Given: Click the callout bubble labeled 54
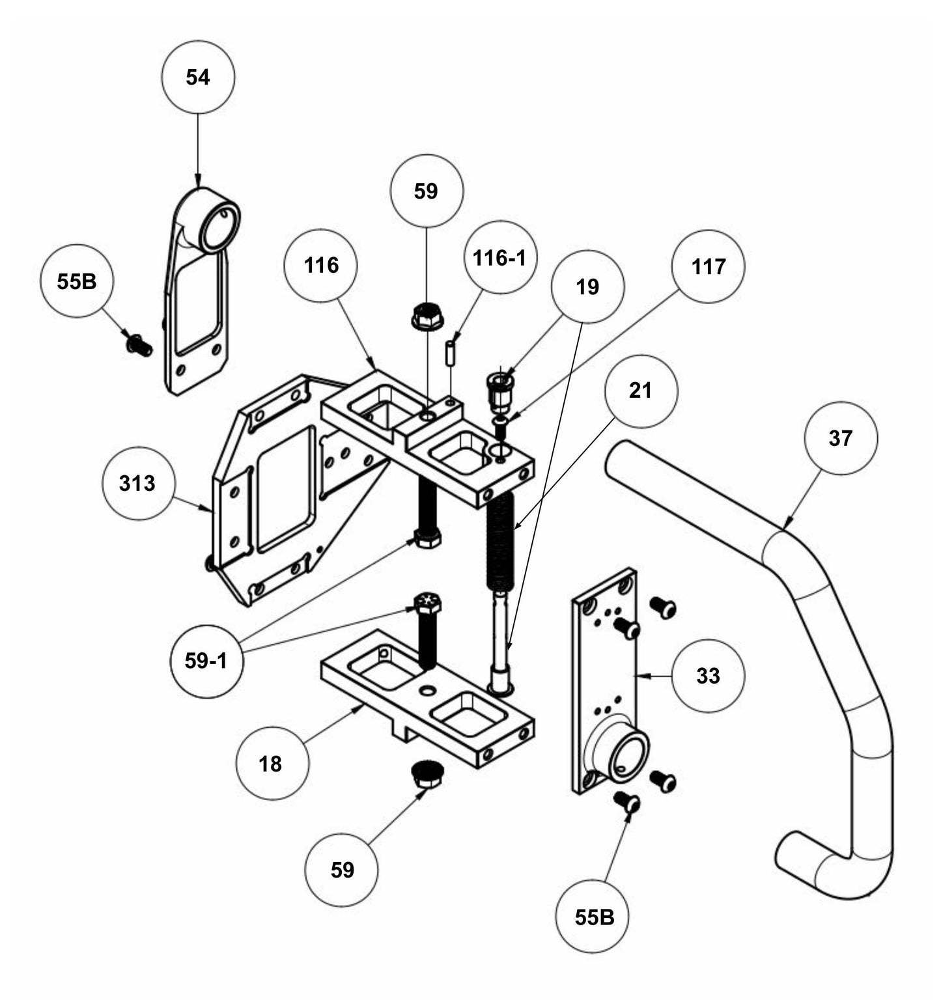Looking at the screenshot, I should pos(198,77).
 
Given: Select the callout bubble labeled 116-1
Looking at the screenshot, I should pos(499,258).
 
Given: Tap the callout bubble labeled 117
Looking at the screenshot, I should pos(709,266).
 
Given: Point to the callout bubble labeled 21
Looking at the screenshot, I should pos(641,391).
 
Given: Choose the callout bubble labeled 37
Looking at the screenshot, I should pos(840,438).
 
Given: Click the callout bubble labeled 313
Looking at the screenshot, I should pos(138,483).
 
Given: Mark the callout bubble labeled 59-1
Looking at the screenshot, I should pos(206,661).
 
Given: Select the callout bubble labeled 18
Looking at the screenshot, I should pos(271,763).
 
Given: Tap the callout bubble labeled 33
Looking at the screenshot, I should pos(708,676).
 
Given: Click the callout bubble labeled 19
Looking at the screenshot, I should pos(587,286).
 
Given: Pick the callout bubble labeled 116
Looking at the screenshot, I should pos(322,265).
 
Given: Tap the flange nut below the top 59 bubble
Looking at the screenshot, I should pos(427,316).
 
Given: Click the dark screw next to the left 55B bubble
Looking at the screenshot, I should pos(139,345).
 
